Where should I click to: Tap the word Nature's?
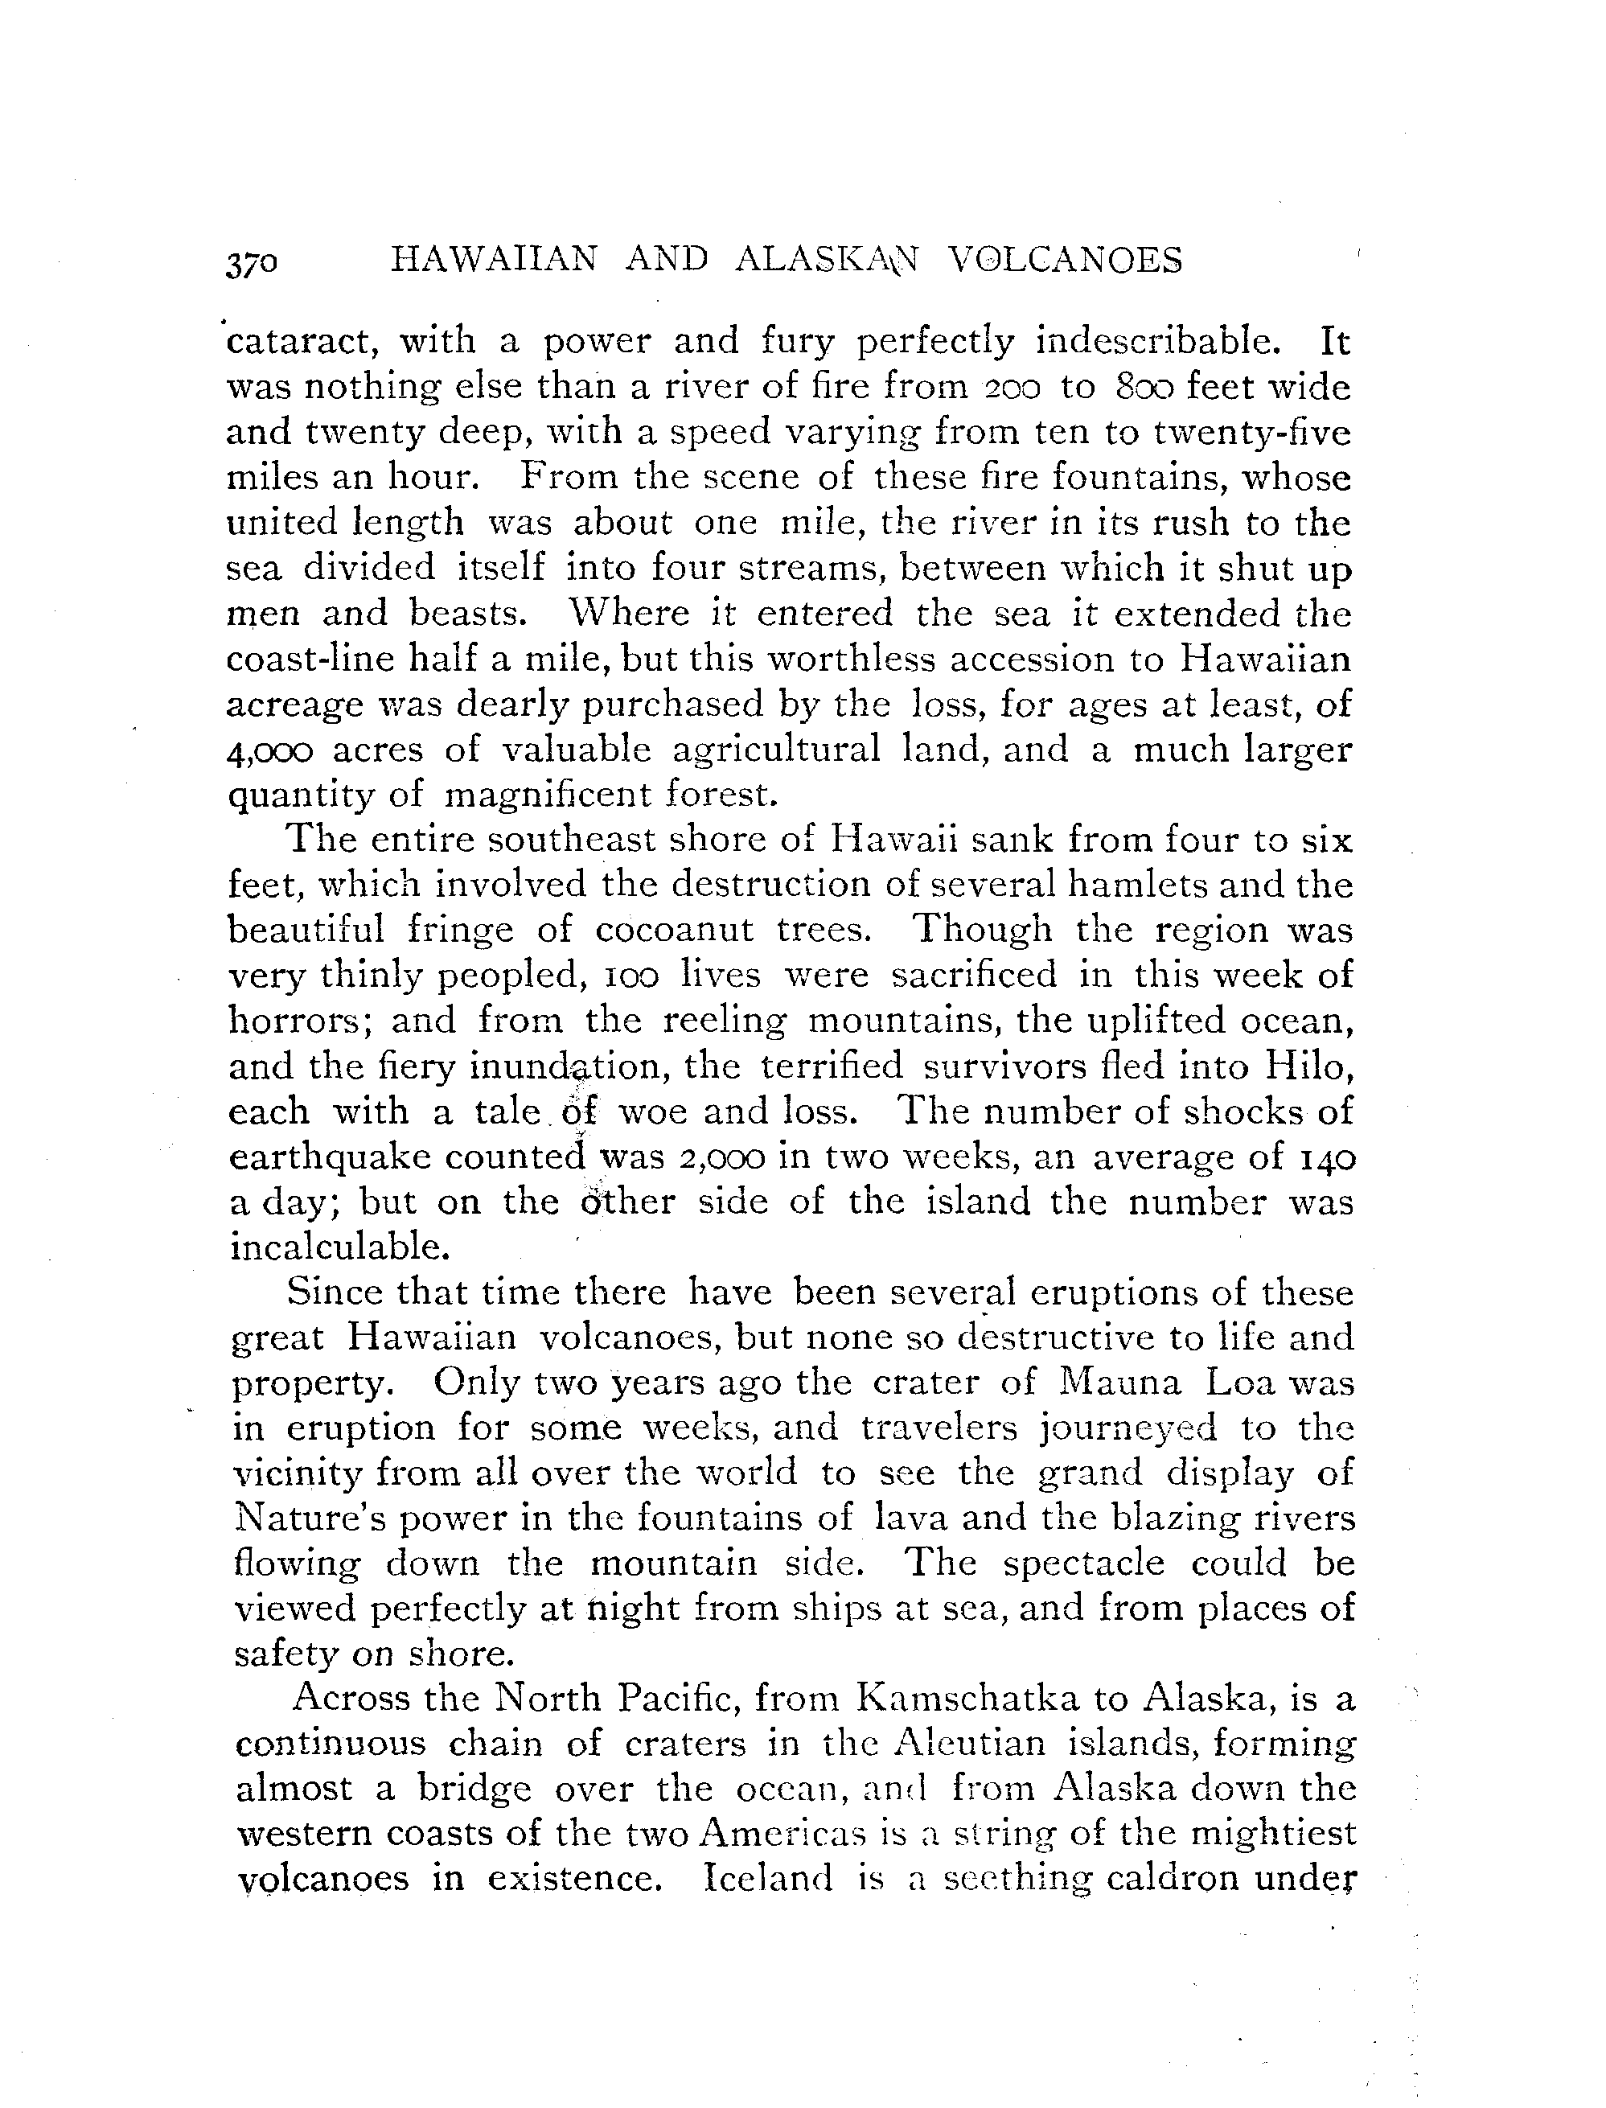[300, 1518]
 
